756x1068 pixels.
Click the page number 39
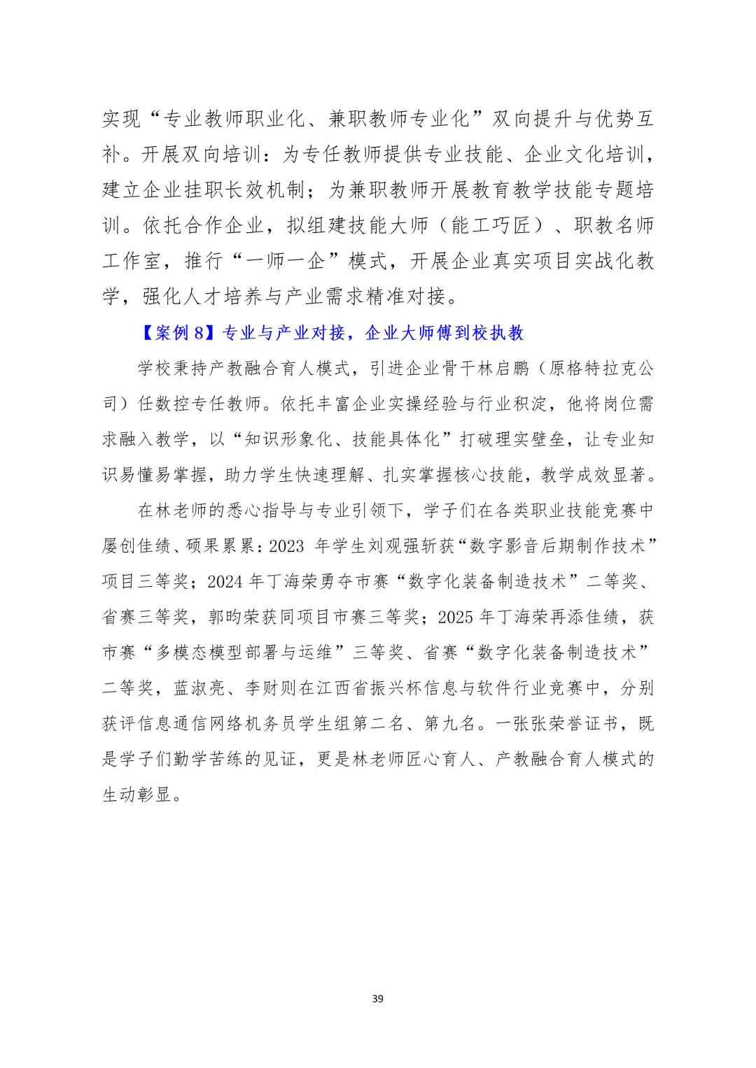[x=378, y=999]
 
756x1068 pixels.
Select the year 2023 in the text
[x=286, y=546]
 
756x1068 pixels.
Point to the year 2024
[x=225, y=582]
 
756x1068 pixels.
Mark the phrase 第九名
[x=450, y=724]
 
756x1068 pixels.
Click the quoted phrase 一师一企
[x=296, y=262]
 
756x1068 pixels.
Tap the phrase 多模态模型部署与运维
[x=244, y=653]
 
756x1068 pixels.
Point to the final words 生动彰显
[x=137, y=795]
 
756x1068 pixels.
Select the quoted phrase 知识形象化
[x=288, y=440]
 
